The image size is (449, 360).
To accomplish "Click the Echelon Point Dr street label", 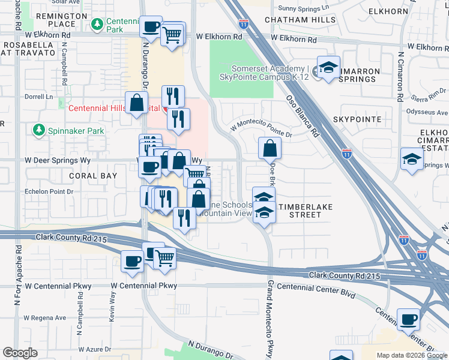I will pyautogui.click(x=48, y=192).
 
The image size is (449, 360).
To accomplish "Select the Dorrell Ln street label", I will pyautogui.click(x=39, y=96).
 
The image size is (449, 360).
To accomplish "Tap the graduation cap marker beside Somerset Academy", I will pyautogui.click(x=328, y=68).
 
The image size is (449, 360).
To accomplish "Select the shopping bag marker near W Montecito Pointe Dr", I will pyautogui.click(x=270, y=147).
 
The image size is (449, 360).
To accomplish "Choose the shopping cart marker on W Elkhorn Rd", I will pyautogui.click(x=173, y=35).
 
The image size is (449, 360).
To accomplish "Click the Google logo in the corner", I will pyautogui.click(x=20, y=353).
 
